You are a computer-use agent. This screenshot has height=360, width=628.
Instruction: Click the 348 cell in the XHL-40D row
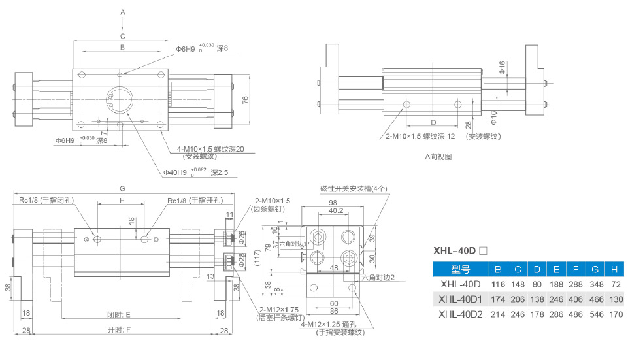click(596, 285)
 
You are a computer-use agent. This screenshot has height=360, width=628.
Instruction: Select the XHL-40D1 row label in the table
click(460, 299)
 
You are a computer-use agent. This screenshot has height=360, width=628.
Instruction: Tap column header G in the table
click(596, 269)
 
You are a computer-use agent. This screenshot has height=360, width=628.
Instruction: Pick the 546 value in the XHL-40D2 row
click(596, 314)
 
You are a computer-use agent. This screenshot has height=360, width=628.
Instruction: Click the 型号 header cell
click(460, 269)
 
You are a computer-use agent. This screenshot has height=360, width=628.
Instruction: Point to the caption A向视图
click(438, 157)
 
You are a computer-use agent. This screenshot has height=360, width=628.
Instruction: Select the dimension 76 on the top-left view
click(245, 99)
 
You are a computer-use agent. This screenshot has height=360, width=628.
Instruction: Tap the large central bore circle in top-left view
click(121, 99)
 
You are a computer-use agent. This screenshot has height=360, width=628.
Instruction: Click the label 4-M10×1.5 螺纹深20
click(210, 149)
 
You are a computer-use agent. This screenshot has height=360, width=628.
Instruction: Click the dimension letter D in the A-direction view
click(433, 122)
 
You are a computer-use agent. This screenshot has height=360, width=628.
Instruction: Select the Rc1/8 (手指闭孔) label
click(45, 201)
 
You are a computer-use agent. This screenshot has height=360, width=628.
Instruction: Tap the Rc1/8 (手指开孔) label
click(194, 201)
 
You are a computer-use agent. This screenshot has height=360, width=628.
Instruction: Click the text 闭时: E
click(119, 314)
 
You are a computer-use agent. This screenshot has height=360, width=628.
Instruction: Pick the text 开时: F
click(119, 329)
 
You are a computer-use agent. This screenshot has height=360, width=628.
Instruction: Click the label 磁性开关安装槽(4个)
click(354, 189)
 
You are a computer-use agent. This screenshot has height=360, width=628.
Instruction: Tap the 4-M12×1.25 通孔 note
click(331, 325)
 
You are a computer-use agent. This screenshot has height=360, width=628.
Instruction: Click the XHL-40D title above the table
click(455, 250)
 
